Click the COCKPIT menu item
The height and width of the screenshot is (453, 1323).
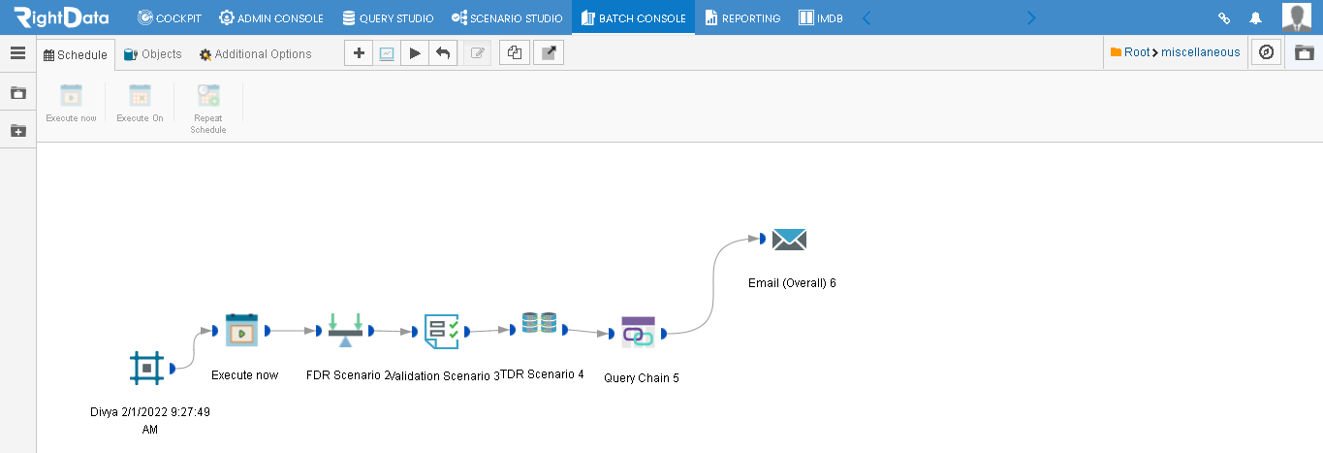pyautogui.click(x=170, y=18)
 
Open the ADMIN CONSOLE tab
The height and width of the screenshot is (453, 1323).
pyautogui.click(x=271, y=18)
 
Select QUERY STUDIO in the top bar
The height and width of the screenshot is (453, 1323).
pyautogui.click(x=388, y=18)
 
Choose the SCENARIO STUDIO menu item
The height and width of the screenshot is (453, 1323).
pyautogui.click(x=507, y=18)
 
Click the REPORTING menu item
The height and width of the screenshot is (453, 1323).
pyautogui.click(x=742, y=18)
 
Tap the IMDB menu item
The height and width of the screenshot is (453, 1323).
pyautogui.click(x=820, y=18)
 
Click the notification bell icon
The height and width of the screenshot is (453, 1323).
pyautogui.click(x=1256, y=18)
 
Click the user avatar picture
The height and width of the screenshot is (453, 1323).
pyautogui.click(x=1297, y=16)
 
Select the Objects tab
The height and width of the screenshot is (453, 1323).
pyautogui.click(x=152, y=54)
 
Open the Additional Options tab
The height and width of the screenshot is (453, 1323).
pyautogui.click(x=255, y=54)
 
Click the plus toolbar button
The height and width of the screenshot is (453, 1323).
pyautogui.click(x=359, y=53)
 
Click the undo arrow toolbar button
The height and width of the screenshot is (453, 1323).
pyautogui.click(x=443, y=53)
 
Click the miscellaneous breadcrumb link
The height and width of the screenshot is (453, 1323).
pyautogui.click(x=1200, y=52)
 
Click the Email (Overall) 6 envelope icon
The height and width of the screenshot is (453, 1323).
pyautogui.click(x=789, y=240)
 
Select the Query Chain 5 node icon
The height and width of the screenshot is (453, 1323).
pyautogui.click(x=638, y=333)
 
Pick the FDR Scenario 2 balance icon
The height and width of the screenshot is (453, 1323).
pyautogui.click(x=345, y=330)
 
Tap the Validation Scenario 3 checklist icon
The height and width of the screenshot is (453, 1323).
pyautogui.click(x=442, y=331)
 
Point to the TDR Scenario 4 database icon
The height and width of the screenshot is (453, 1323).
pyautogui.click(x=539, y=323)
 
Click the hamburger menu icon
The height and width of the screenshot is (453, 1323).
pyautogui.click(x=17, y=53)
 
